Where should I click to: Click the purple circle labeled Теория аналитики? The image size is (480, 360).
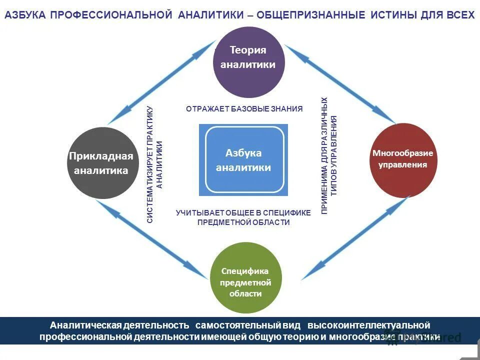(x=248, y=61)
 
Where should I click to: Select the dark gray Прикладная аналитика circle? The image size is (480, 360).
(x=102, y=163)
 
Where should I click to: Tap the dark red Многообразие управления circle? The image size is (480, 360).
(x=402, y=159)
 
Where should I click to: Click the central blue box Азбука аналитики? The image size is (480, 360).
(x=243, y=160)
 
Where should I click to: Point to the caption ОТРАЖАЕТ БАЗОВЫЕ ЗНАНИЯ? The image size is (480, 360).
(x=244, y=109)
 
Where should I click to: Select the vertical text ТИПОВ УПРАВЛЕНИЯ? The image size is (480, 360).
(x=334, y=155)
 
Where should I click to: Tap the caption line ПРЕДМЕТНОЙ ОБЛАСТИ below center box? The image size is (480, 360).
(x=243, y=222)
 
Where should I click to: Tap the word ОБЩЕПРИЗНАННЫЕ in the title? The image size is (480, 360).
(x=310, y=15)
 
